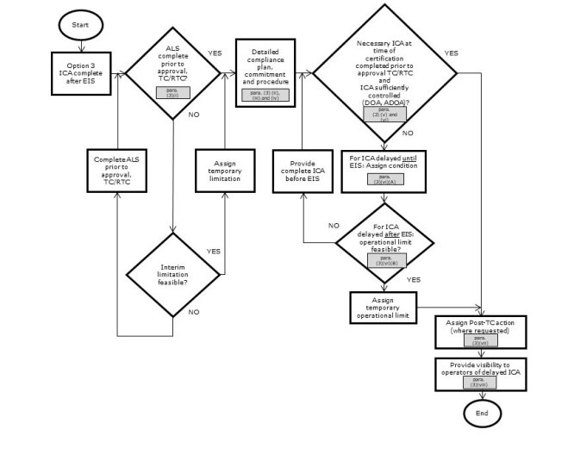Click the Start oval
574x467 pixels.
point(80,26)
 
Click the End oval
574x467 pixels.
point(482,414)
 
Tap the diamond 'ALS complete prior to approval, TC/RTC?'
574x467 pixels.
point(174,69)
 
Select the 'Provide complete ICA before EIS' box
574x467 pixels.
point(303,171)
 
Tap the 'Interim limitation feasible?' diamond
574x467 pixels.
point(174,274)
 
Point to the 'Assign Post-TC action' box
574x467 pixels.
point(481,331)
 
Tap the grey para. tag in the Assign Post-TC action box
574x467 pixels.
point(481,340)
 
